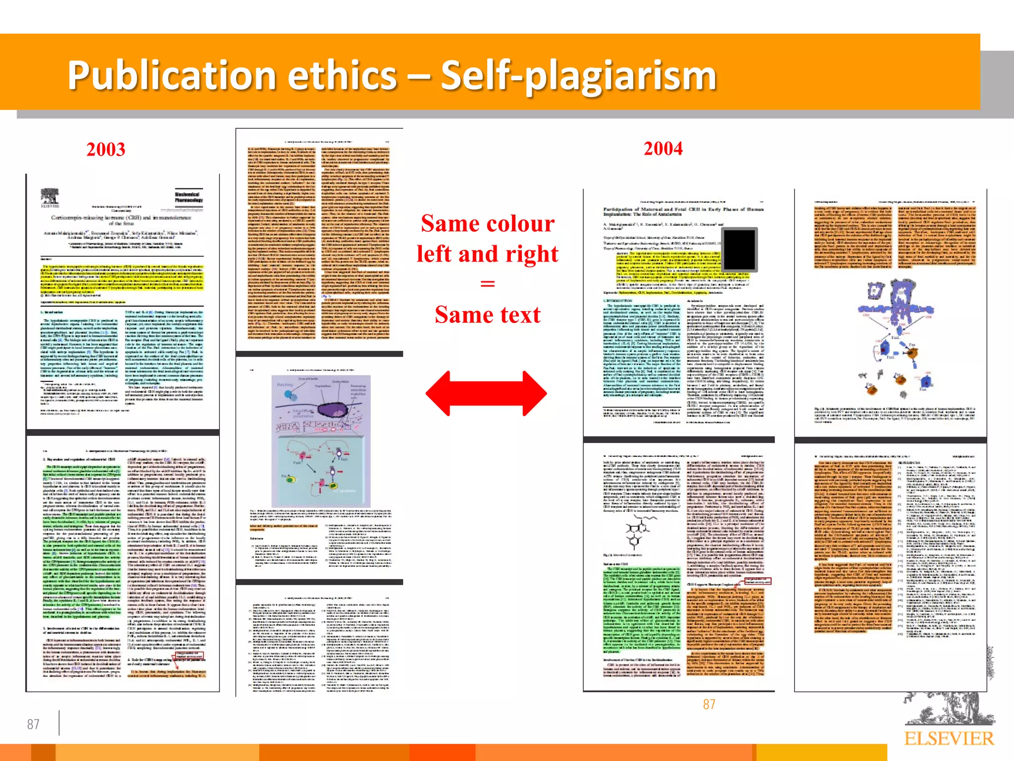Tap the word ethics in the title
click(x=342, y=75)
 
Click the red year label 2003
click(x=105, y=150)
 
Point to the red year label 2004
click(x=663, y=149)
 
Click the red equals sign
click(x=488, y=284)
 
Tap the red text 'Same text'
click(x=488, y=315)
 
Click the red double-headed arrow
click(x=486, y=393)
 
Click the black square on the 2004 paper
click(x=739, y=250)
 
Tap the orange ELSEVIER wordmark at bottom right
click(x=949, y=739)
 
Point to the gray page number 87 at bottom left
click(x=33, y=724)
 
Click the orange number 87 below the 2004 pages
click(x=709, y=704)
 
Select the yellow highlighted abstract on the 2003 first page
click(x=122, y=278)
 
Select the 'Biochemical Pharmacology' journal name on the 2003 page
click(x=189, y=197)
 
